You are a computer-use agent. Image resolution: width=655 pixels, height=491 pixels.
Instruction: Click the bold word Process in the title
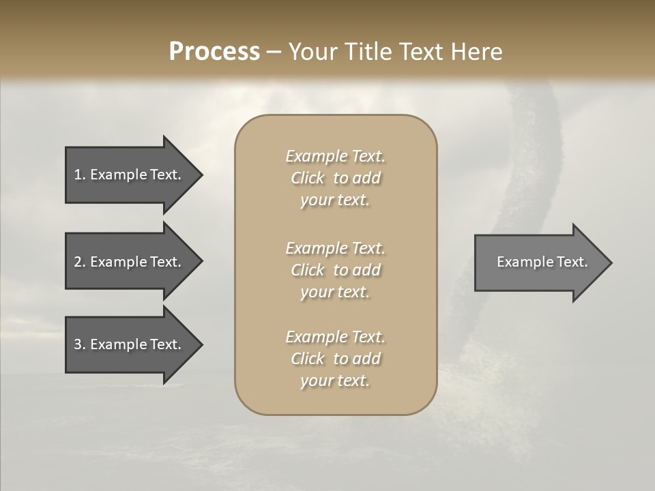click(x=214, y=52)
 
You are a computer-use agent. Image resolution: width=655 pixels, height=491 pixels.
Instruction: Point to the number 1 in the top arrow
click(x=78, y=175)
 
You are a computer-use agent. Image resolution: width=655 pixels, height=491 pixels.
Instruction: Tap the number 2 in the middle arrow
click(x=78, y=262)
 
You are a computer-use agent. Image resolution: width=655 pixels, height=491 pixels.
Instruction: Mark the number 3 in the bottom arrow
click(x=78, y=344)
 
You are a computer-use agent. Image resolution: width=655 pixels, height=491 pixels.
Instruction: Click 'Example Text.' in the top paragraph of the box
click(x=335, y=156)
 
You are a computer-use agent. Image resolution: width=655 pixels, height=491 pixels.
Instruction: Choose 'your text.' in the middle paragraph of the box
click(x=335, y=292)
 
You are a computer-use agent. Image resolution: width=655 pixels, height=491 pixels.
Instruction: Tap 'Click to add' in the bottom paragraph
click(x=335, y=359)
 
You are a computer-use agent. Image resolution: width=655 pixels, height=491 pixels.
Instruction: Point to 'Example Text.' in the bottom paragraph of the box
click(x=335, y=337)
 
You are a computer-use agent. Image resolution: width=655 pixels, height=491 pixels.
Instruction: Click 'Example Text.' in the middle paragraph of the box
click(x=335, y=248)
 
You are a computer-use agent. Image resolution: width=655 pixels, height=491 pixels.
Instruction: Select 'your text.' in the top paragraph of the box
click(x=335, y=200)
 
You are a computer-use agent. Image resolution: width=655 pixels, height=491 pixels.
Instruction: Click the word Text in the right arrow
click(x=572, y=262)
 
